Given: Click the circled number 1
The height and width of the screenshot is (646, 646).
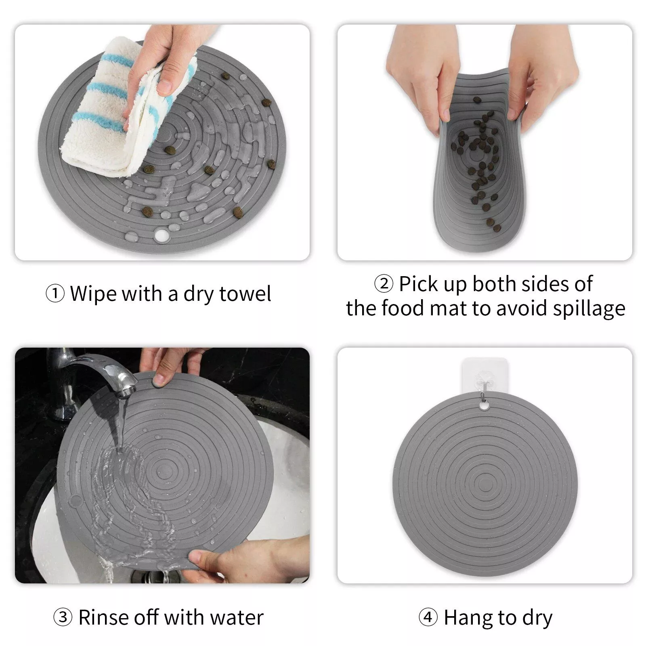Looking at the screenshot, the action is [x=55, y=294].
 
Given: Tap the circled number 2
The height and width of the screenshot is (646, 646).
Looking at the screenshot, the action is [x=384, y=284].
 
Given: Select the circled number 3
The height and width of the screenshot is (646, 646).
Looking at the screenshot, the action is [x=63, y=617].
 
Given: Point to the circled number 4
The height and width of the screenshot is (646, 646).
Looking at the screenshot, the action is [x=428, y=617].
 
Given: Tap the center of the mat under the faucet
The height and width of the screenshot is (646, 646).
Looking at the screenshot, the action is [x=164, y=472].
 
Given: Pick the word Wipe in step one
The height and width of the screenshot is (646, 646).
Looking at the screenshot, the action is [x=93, y=294].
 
